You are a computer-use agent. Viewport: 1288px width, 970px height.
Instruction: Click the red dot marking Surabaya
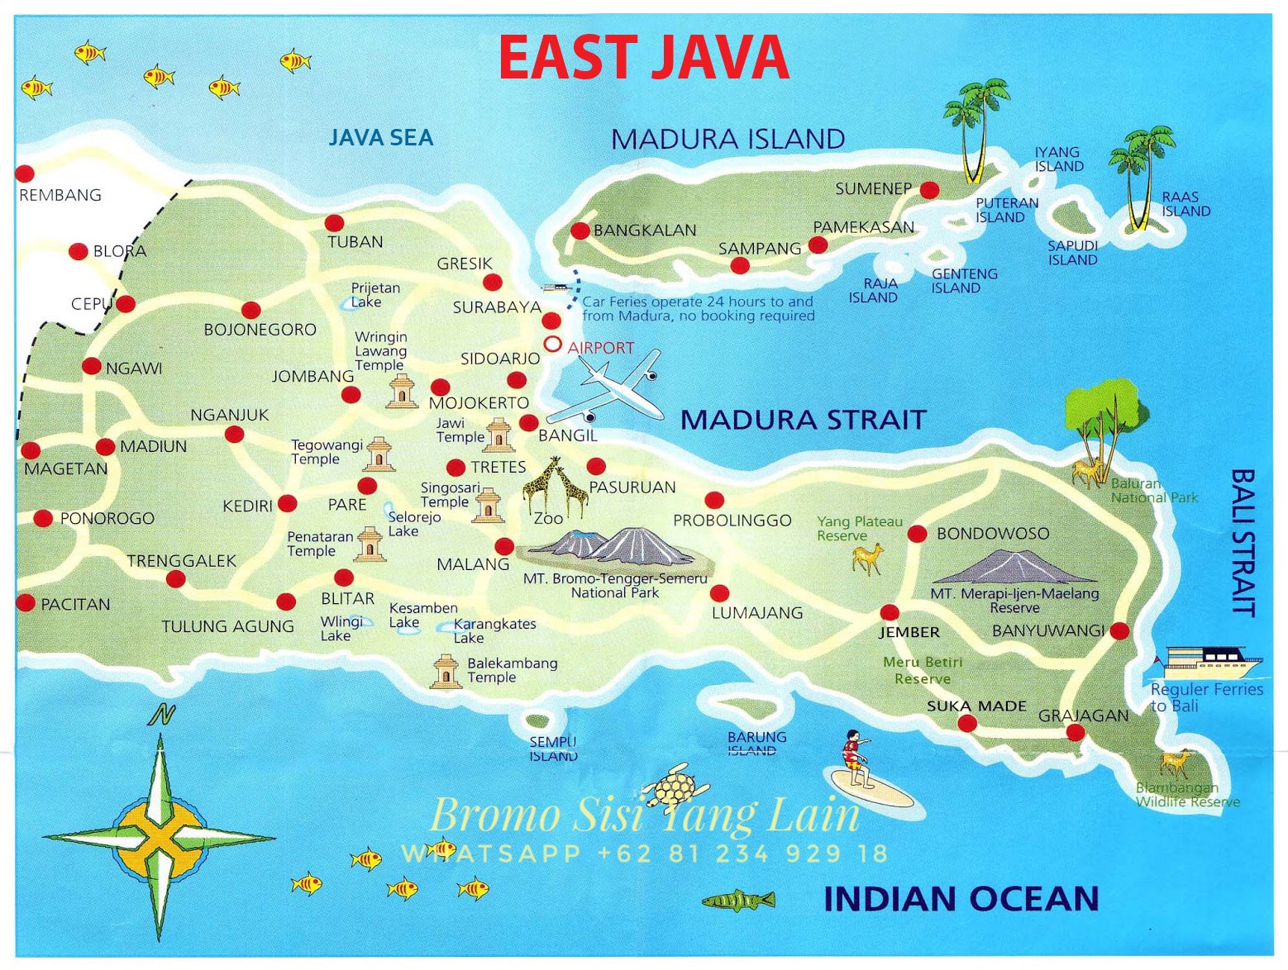coord(551,320)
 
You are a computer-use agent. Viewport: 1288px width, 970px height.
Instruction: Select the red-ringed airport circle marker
coord(552,344)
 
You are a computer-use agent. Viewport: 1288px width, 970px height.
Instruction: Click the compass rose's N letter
coord(162,714)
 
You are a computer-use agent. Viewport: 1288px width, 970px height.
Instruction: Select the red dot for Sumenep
coord(929,190)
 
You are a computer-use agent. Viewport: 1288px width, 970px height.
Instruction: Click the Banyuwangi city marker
coord(1119,631)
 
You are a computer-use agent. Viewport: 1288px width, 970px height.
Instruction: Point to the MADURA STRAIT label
coord(802,420)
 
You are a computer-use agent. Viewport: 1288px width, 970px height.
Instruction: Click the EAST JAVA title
coord(643,57)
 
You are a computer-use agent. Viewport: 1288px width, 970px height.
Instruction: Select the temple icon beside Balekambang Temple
coord(445,672)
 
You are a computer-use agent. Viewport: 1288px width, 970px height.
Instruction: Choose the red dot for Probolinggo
coord(714,500)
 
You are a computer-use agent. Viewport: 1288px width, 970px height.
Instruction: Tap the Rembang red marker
coord(25,174)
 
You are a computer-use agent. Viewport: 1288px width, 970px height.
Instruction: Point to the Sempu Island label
coord(553,749)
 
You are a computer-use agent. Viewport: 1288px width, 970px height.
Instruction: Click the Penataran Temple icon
coord(370,544)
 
